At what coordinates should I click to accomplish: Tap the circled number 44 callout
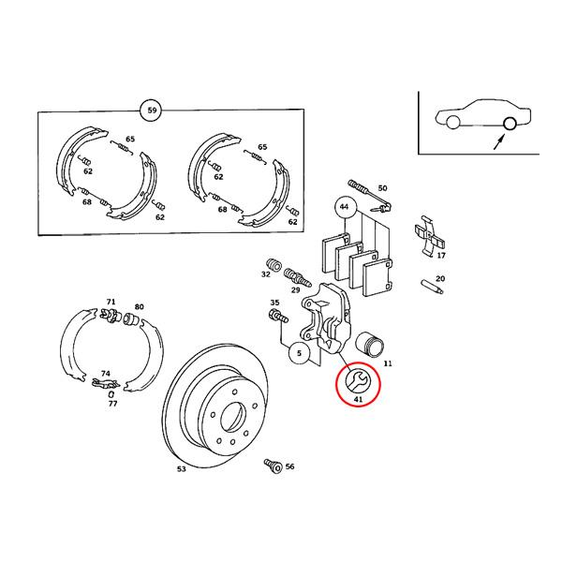pos(345,207)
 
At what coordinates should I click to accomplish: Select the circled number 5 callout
pos(300,353)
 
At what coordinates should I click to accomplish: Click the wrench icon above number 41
pos(357,382)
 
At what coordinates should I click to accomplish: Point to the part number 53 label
pos(182,469)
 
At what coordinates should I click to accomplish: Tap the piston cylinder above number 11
pos(370,345)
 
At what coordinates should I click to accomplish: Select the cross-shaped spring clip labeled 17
pos(430,236)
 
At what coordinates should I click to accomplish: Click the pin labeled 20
pos(432,287)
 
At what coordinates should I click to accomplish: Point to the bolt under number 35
pos(277,317)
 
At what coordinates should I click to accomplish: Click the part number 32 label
pos(266,274)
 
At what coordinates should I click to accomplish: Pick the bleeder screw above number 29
pos(296,277)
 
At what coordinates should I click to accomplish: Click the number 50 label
pos(383,188)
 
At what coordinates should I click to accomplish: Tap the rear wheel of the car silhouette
pos(510,124)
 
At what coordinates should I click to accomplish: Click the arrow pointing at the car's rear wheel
pos(499,141)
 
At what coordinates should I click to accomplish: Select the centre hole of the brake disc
pos(233,418)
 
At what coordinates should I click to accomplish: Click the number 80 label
pos(139,307)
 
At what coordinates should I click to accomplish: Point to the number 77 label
pos(113,404)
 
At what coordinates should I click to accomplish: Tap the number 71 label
pos(111,302)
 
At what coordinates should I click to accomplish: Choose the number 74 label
pos(105,374)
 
